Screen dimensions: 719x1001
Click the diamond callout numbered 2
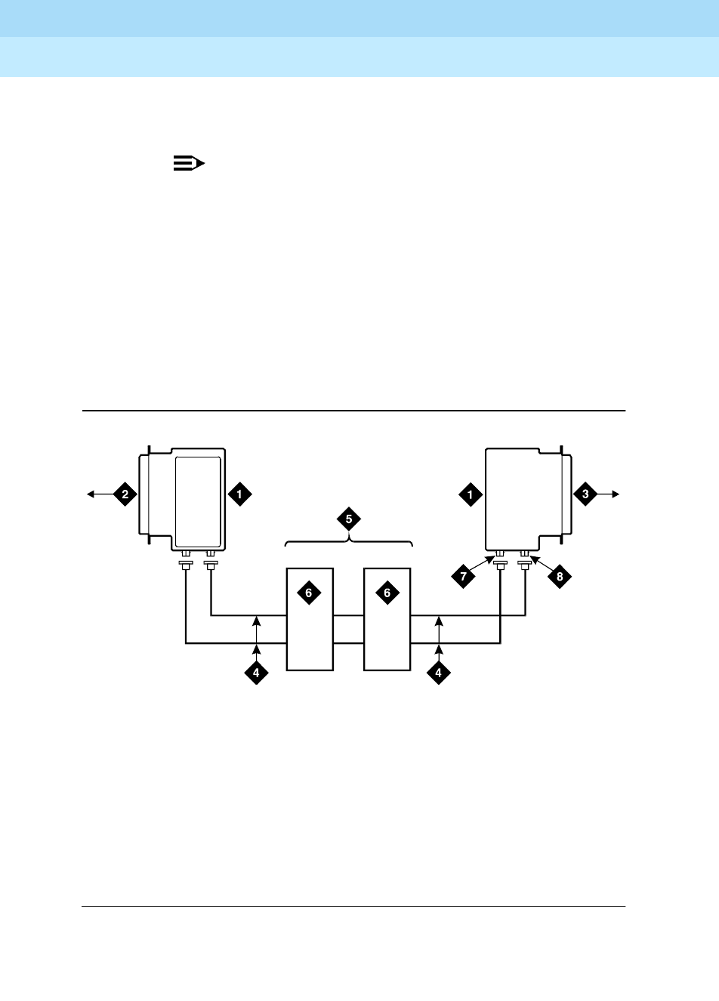tap(125, 494)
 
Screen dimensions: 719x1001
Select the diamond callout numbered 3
tap(585, 494)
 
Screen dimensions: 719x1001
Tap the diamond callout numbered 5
tap(349, 519)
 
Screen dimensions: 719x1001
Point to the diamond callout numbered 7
tap(464, 577)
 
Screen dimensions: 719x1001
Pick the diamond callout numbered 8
tap(560, 577)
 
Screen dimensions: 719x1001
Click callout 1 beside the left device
tap(239, 494)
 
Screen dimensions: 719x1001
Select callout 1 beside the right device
tap(471, 494)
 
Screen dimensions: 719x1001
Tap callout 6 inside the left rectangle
tap(308, 593)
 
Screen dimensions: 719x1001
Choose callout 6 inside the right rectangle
tap(387, 593)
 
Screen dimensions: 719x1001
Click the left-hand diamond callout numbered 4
tap(256, 673)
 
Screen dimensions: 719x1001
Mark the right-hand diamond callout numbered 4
tap(438, 673)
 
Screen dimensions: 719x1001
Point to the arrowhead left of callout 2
tap(90, 494)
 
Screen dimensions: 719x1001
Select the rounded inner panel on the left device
tap(198, 502)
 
